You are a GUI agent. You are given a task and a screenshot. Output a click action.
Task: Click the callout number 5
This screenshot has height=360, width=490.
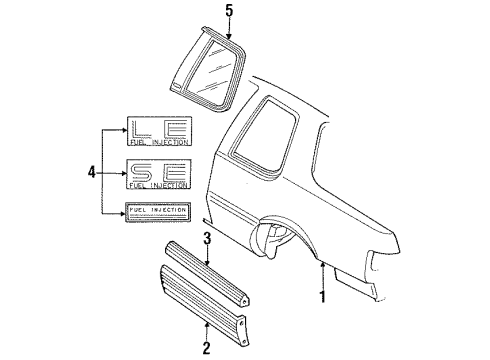point(228,13)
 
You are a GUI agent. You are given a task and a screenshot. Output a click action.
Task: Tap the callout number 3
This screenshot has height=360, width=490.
point(207,237)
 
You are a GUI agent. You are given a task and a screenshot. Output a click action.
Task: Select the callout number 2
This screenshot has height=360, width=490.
point(206,347)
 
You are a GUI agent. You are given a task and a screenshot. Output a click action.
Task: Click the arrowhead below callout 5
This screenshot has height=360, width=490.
point(228,36)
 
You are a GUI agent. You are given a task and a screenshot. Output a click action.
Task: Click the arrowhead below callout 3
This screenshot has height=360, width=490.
point(207,262)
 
